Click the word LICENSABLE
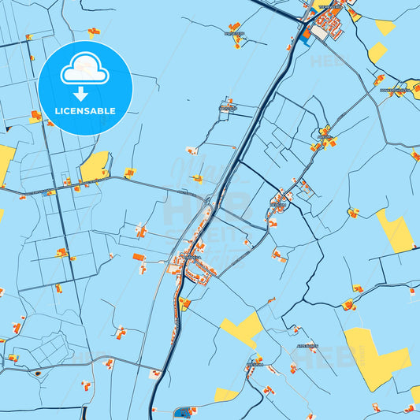click(x=85, y=111)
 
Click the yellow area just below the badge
click(x=95, y=165)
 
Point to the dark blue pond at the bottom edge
click(x=186, y=412)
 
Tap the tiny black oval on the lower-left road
click(x=36, y=370)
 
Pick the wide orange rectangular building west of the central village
click(x=139, y=258)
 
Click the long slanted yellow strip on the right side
click(x=394, y=231)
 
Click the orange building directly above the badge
click(x=95, y=32)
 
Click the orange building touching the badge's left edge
click(x=35, y=117)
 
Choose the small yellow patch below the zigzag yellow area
click(x=225, y=394)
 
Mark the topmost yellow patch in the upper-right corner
click(x=385, y=27)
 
